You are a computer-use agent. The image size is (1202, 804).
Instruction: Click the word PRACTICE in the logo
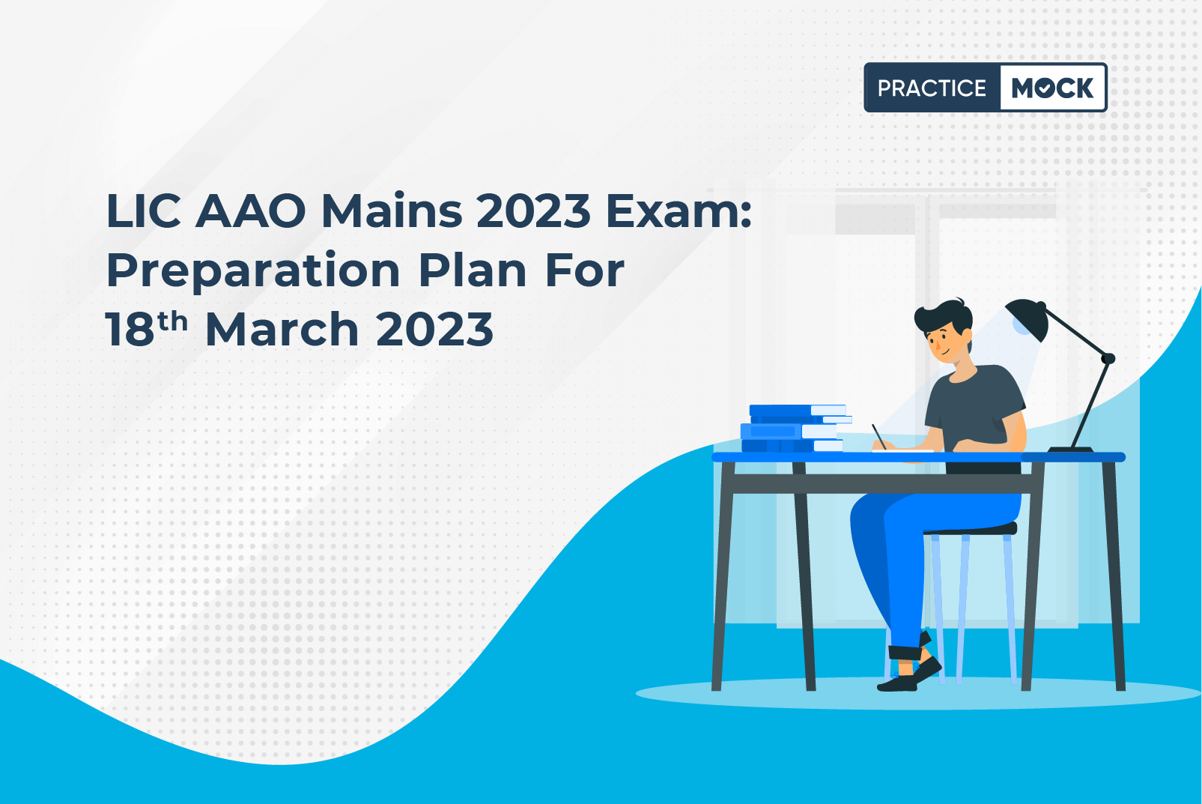pos(932,88)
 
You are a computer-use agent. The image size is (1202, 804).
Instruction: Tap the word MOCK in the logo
pos(1052,88)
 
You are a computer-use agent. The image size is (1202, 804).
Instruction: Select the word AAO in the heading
pos(251,211)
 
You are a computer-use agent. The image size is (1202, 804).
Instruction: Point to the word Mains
pos(392,211)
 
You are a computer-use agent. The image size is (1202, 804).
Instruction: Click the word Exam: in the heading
pos(679,211)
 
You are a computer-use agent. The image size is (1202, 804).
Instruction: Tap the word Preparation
pos(253,271)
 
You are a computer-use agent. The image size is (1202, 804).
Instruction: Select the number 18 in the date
pos(130,329)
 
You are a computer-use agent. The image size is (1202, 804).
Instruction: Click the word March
pos(282,328)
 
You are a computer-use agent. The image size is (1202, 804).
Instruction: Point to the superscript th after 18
pos(172,321)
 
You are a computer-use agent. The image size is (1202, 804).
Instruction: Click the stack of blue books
pos(795,429)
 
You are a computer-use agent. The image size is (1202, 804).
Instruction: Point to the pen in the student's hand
pos(879,436)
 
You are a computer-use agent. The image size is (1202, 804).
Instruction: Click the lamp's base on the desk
pos(1070,450)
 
